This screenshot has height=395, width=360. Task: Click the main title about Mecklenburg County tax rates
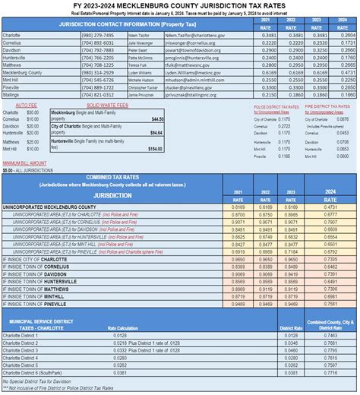click(180, 6)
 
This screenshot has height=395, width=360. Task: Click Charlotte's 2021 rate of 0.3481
click(267, 35)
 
